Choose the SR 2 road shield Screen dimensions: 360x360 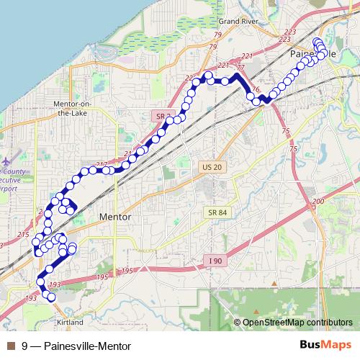click(163, 116)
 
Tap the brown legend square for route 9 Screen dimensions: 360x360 click(9, 345)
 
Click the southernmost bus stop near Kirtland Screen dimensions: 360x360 click(51, 297)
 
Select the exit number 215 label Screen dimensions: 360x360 click(22, 235)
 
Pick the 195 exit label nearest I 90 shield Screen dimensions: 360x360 click(128, 271)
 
